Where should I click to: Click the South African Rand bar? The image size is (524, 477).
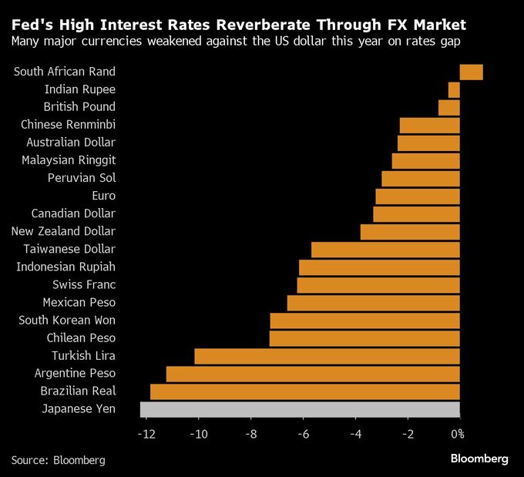tap(471, 72)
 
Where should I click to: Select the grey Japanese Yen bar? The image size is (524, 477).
tap(300, 409)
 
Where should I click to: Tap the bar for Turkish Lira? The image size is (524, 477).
tap(327, 356)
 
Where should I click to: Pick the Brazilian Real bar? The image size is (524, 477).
tap(304, 391)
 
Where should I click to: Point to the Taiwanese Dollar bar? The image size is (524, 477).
tap(385, 250)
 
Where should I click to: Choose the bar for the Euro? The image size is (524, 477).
tap(417, 196)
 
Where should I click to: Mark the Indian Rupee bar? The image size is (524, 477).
tap(454, 89)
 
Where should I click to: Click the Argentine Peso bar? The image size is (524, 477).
tap(313, 374)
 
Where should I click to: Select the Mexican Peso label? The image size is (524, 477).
tap(79, 303)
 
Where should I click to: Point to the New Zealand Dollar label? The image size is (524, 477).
tap(63, 231)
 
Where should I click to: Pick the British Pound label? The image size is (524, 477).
tap(79, 107)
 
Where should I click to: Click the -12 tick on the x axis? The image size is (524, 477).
tap(146, 434)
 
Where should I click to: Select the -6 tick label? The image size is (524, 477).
tap(303, 434)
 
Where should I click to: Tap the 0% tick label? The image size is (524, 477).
tap(457, 434)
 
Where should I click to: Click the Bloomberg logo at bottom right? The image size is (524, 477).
tap(479, 459)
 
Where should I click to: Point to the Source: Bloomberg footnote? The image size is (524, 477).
tap(58, 460)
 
